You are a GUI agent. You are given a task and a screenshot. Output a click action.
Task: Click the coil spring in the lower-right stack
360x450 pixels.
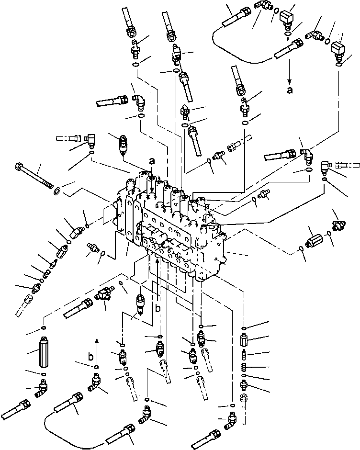pyautogui.click(x=244, y=367)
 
